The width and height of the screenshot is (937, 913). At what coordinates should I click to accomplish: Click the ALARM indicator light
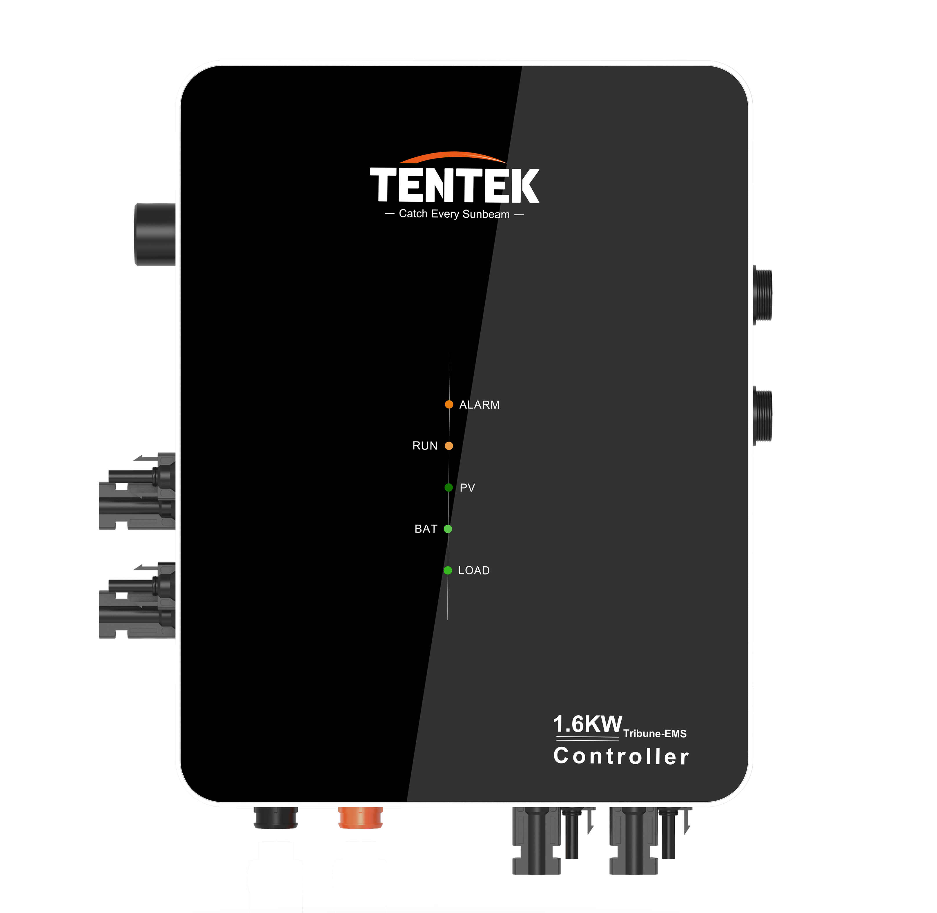pyautogui.click(x=449, y=404)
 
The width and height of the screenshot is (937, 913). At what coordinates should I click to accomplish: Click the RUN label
pyautogui.click(x=425, y=446)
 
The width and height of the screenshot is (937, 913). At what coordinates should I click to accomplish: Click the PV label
pyautogui.click(x=467, y=488)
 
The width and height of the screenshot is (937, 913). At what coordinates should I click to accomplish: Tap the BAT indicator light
pyautogui.click(x=448, y=529)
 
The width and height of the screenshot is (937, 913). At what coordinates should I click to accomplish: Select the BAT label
pyautogui.click(x=426, y=529)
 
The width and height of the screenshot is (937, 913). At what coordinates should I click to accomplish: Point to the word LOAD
pyautogui.click(x=474, y=571)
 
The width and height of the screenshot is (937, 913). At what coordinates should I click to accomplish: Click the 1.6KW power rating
pyautogui.click(x=587, y=725)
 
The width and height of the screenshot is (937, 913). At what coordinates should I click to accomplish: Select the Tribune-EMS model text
pyautogui.click(x=655, y=734)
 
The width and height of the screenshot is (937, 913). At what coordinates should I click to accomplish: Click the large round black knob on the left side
pyautogui.click(x=155, y=234)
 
